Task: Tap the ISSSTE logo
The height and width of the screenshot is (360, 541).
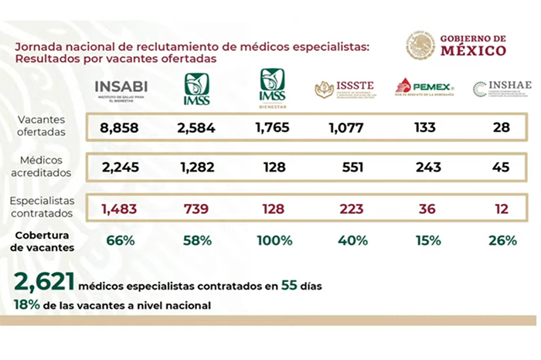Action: pyautogui.click(x=347, y=90)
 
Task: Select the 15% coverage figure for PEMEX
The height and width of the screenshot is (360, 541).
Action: pyautogui.click(x=424, y=240)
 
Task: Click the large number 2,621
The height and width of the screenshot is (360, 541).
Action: pyautogui.click(x=39, y=284)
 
